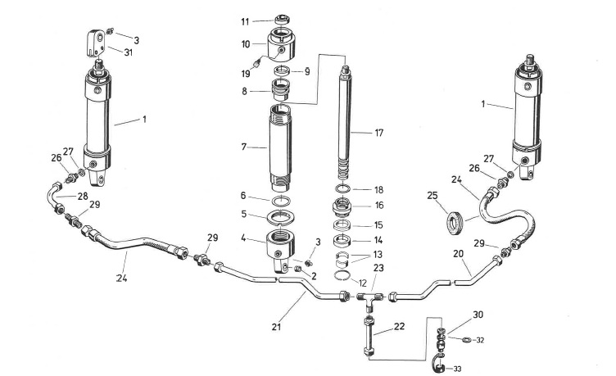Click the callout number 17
click(x=378, y=132)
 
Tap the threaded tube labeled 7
click(x=279, y=145)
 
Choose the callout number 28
click(x=83, y=197)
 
